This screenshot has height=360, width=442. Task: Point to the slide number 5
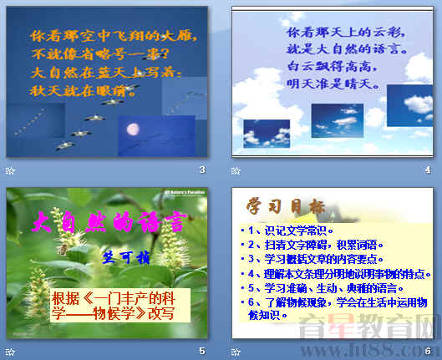pos(201,351)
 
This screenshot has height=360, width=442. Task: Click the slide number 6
pos(427,351)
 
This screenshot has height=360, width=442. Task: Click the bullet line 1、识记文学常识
pos(287,230)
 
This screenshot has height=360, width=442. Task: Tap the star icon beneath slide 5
pos(11,351)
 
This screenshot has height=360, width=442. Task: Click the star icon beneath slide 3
pos(11,170)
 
